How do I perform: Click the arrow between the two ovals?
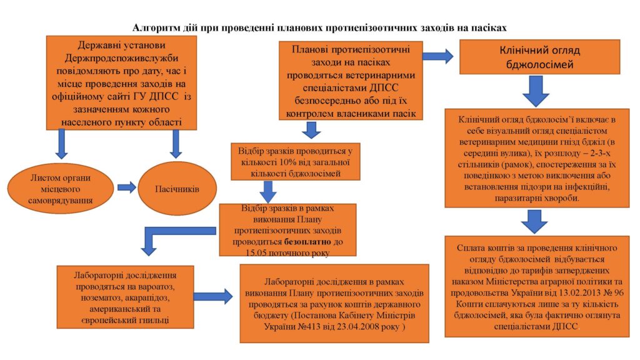126,187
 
